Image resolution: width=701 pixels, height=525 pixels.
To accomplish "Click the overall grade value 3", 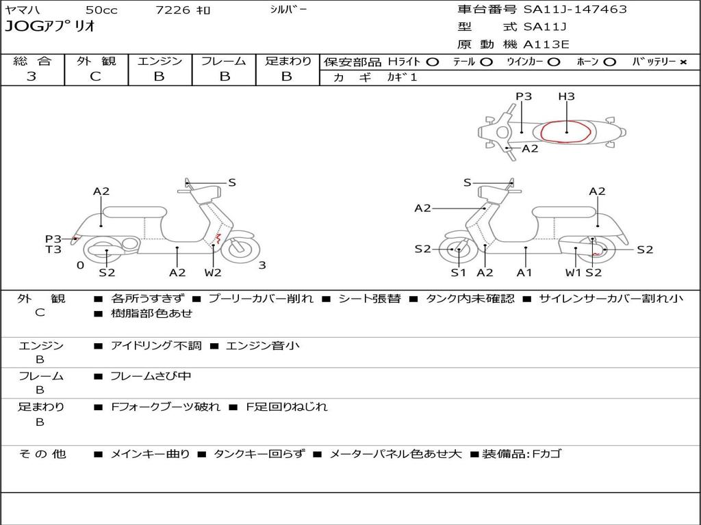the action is click(x=31, y=77).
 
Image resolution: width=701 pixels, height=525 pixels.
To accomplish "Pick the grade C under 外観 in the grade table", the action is click(x=95, y=77).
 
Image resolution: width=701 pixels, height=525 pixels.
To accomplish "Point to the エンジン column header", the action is click(x=160, y=62).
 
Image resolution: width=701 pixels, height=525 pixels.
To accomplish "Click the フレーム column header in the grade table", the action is click(x=223, y=62).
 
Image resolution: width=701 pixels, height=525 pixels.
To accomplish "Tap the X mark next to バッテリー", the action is click(x=683, y=62).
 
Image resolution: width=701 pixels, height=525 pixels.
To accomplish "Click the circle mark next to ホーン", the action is click(x=610, y=62).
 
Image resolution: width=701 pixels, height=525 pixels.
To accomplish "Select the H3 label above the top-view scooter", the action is click(x=566, y=96).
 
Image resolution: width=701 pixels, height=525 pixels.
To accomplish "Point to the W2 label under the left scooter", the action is click(x=213, y=273).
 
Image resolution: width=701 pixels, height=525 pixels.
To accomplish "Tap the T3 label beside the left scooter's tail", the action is click(x=53, y=250).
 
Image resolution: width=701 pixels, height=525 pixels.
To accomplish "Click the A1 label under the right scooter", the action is click(x=525, y=273).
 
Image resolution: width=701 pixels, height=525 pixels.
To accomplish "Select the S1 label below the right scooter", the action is click(x=458, y=273).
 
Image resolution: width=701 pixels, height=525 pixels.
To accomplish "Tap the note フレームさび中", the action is click(x=151, y=376).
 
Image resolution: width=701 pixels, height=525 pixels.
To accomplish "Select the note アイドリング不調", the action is click(x=156, y=346).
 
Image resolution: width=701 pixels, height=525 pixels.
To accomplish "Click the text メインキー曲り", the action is click(x=150, y=454).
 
